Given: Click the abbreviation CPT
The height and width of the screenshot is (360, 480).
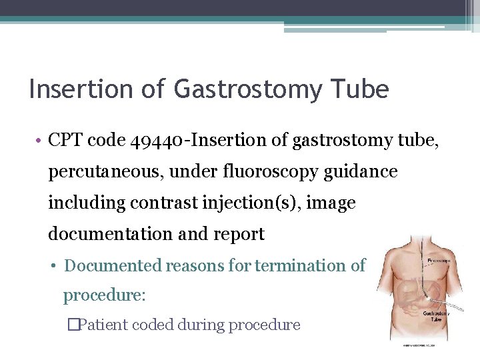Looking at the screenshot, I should [65, 140].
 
